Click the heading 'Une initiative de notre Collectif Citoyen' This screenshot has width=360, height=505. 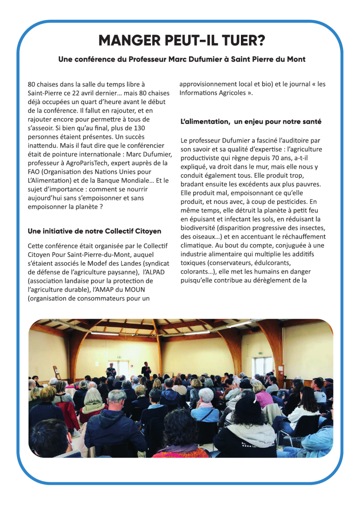coord(94,231)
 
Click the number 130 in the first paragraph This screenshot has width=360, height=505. coord(140,128)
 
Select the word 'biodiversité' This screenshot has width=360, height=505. coord(200,228)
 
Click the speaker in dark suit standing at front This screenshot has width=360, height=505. coord(146,369)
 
